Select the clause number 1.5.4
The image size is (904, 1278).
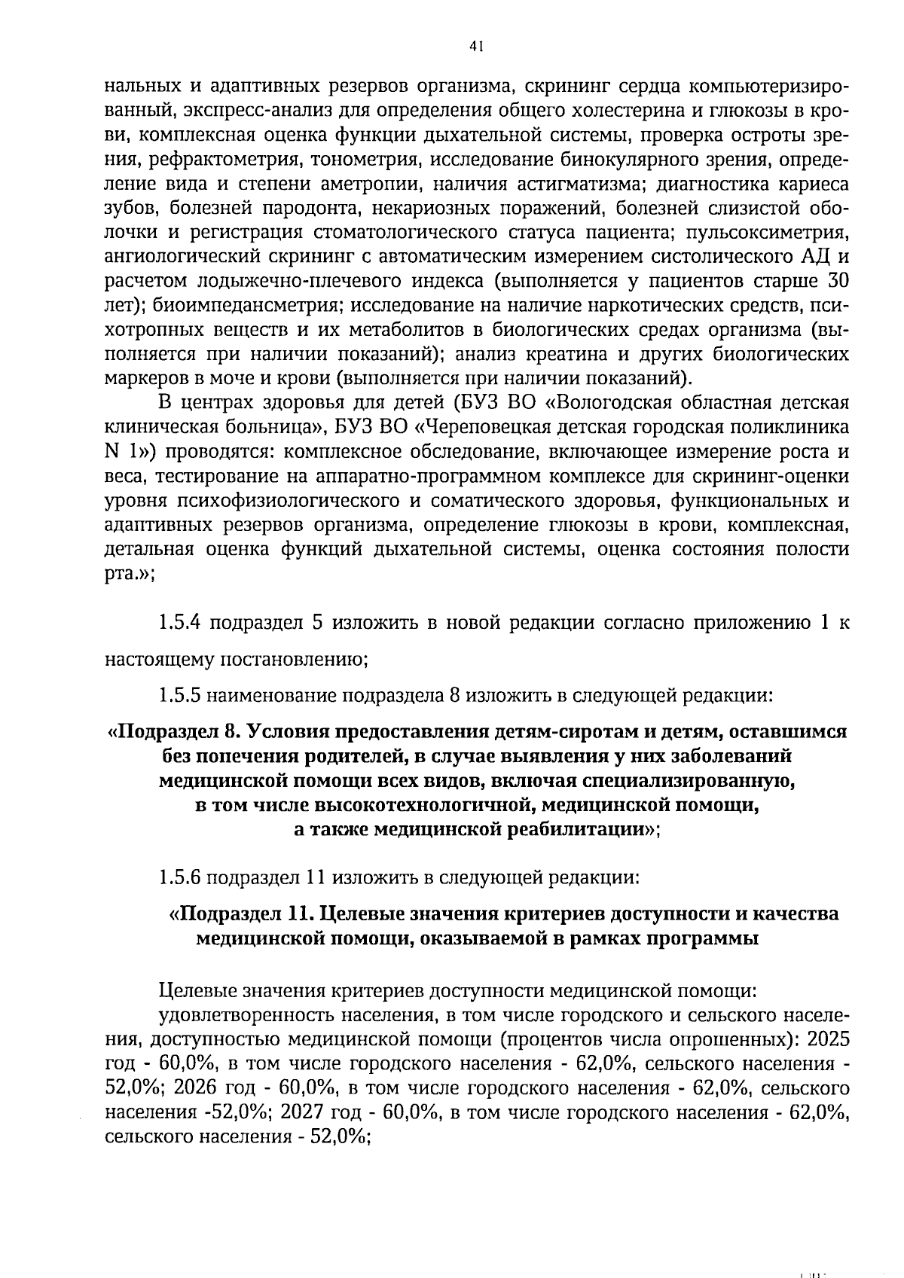[x=180, y=624]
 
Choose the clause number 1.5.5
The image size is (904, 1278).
[x=179, y=694]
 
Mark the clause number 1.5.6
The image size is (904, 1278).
[x=179, y=877]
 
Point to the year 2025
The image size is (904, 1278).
[x=827, y=1040]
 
